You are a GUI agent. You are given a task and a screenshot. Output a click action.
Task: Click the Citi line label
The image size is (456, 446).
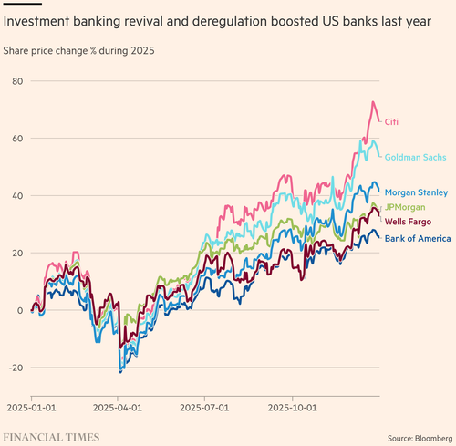tap(391, 121)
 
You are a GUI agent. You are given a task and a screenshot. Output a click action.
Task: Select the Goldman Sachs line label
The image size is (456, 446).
tap(415, 157)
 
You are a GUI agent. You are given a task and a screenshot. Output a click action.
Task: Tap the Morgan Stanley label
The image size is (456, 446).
tap(416, 192)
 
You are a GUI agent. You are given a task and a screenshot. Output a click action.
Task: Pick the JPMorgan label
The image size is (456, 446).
tap(405, 207)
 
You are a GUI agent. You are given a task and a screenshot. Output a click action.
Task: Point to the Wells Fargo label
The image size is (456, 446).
tap(408, 222)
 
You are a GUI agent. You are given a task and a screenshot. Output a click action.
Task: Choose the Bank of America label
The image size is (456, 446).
tap(418, 238)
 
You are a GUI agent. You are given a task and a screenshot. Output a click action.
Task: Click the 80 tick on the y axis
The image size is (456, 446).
tap(17, 81)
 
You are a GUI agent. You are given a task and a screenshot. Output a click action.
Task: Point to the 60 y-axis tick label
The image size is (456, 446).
tap(17, 139)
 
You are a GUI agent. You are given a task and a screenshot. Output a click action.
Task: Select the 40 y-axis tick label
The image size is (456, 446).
tap(17, 196)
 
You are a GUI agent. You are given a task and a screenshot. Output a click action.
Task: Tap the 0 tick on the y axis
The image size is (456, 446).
tap(20, 310)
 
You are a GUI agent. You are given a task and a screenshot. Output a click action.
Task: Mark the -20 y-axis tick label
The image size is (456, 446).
tap(16, 368)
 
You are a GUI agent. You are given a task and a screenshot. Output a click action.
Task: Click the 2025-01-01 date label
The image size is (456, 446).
tap(31, 408)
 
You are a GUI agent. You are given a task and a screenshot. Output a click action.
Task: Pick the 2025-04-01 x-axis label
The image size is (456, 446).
tap(118, 408)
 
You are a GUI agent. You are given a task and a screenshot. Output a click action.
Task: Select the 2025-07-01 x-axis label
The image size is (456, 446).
tap(204, 408)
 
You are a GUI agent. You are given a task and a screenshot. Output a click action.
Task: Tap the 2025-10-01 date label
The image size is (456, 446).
tap(292, 408)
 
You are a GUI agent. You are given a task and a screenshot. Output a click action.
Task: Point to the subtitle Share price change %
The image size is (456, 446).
tap(49, 50)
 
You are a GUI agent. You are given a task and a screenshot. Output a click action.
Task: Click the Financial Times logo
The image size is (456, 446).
tap(51, 437)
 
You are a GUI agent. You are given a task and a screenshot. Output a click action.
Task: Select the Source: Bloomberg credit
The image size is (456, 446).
tap(420, 439)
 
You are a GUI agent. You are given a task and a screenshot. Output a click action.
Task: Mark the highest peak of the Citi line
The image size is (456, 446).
tap(373, 102)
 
